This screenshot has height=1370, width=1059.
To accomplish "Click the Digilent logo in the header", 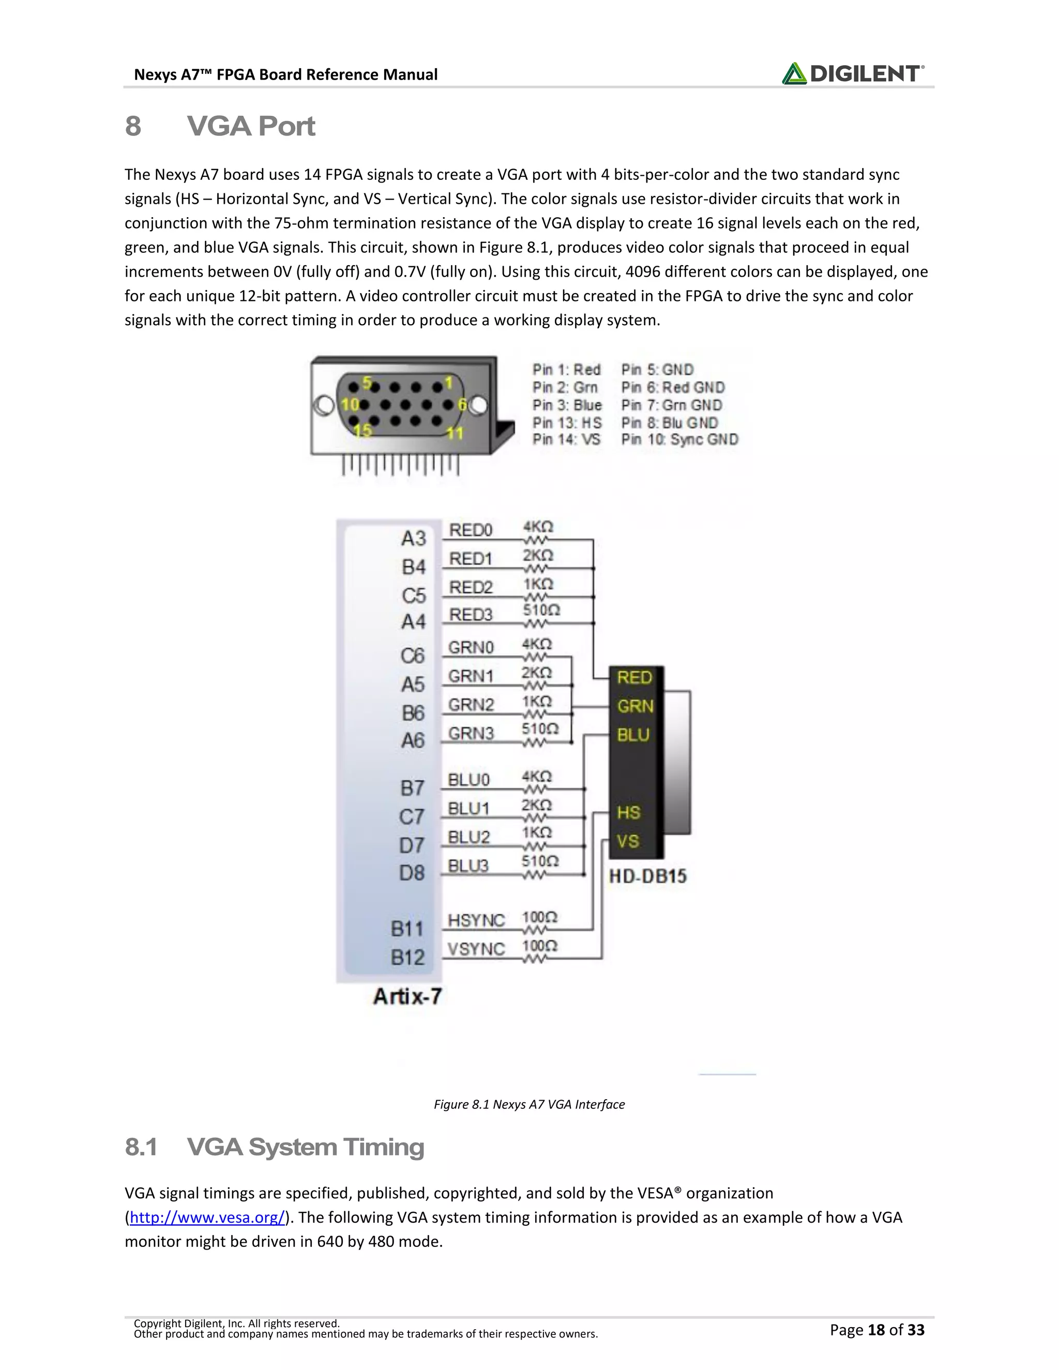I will coord(852,73).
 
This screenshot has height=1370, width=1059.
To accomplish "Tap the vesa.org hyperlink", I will coord(207,1217).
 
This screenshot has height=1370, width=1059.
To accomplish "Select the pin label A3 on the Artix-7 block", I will coord(414,538).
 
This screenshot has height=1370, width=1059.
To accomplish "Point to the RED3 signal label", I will coord(471,614).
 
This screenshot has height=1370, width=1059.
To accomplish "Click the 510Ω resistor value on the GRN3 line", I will coord(539,729).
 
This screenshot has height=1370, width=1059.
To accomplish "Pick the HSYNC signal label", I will coord(476,920).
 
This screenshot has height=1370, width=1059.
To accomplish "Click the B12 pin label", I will coord(408,957).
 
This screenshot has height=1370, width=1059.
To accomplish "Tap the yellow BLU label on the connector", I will coord(633,735).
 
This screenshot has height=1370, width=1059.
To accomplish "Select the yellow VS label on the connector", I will coord(627,841).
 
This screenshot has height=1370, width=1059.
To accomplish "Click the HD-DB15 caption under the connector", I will coord(647,876).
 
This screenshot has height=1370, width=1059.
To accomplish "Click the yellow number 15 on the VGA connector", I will coord(362,430).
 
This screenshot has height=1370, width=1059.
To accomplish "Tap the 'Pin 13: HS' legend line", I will coord(567,423).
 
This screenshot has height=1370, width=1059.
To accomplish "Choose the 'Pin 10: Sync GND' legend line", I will coord(679,439).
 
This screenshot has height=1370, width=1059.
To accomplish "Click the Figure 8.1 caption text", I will coord(529,1104).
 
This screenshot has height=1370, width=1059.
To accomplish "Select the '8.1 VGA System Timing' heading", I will coord(274,1147).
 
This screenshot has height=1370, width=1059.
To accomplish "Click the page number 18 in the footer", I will coord(876,1330).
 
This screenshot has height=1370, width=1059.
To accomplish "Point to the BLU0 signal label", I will coord(468,780).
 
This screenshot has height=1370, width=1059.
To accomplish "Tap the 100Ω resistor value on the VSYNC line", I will coord(539,946).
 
